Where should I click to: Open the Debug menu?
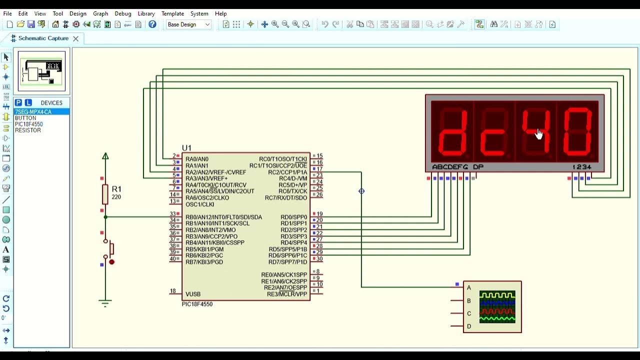click(x=122, y=13)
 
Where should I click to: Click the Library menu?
click(x=146, y=13)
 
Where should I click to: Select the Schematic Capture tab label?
click(x=43, y=38)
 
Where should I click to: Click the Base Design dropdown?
click(x=188, y=24)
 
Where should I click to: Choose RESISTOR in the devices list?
click(x=28, y=130)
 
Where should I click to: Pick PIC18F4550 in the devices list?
click(x=29, y=124)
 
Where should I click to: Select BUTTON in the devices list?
click(x=25, y=118)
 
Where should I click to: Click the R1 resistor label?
click(x=116, y=189)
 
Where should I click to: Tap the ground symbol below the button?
click(x=105, y=302)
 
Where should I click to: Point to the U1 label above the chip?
click(x=186, y=148)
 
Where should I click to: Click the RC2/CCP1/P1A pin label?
click(x=287, y=172)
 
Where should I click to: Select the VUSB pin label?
click(x=193, y=294)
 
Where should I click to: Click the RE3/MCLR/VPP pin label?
click(x=287, y=294)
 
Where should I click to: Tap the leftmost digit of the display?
click(x=452, y=131)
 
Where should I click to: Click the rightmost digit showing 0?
click(x=577, y=131)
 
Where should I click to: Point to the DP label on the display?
click(x=478, y=167)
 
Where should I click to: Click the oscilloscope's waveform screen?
click(x=497, y=306)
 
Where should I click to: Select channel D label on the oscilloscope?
click(x=469, y=326)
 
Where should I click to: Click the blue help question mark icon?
click(x=152, y=24)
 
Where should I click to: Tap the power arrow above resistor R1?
click(x=105, y=156)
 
